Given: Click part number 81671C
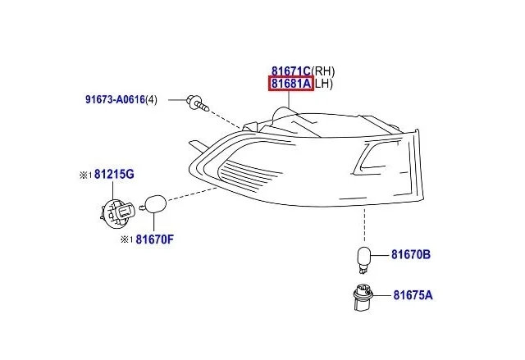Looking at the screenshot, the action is (291, 71).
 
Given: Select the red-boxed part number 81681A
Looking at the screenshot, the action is (291, 84).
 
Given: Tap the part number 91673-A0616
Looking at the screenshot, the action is (115, 100).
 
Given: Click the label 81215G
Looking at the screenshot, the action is (114, 175).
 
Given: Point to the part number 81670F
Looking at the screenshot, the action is (155, 239).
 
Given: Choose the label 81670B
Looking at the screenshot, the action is (411, 254).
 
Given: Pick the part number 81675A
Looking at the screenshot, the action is (413, 295).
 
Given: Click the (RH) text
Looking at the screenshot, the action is (322, 71).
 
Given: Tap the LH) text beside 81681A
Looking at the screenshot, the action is (324, 84).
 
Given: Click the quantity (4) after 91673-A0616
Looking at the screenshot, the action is (151, 100).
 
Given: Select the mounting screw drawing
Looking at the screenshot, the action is (199, 103).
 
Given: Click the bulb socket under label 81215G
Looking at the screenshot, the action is (117, 212).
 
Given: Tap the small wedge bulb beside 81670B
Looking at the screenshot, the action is (363, 260).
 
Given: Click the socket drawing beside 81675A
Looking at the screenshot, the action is (363, 297).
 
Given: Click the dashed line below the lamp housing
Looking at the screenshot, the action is (364, 224).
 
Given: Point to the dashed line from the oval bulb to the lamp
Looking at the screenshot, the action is (192, 194).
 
